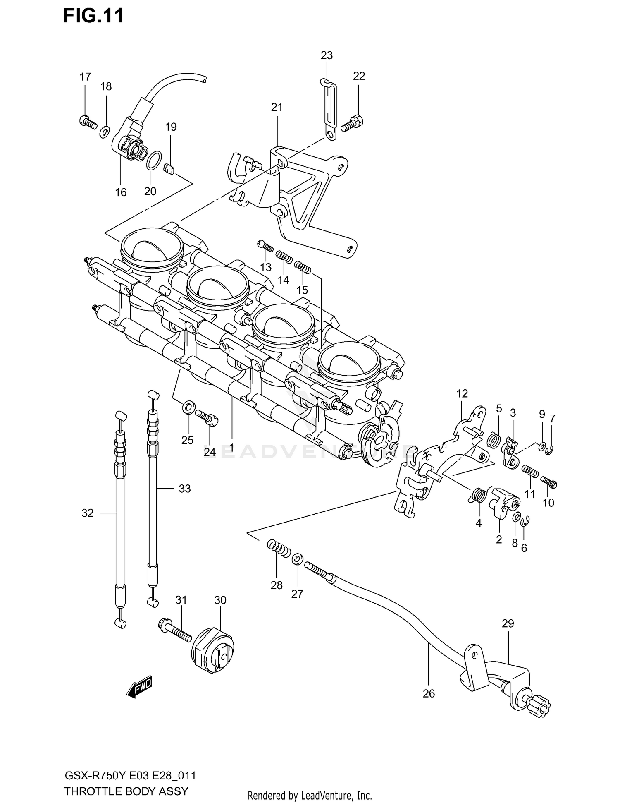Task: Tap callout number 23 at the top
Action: click(327, 55)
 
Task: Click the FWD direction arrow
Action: click(140, 688)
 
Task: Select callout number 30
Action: click(220, 600)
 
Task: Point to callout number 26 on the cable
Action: click(429, 693)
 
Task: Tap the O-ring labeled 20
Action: click(153, 161)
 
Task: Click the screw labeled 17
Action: click(88, 122)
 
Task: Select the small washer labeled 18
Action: click(105, 132)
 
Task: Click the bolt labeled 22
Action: click(352, 123)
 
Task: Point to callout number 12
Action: click(462, 393)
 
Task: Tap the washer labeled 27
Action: click(297, 559)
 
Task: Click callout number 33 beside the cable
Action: click(184, 489)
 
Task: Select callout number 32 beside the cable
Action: click(88, 513)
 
